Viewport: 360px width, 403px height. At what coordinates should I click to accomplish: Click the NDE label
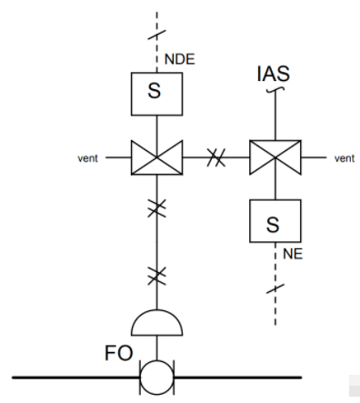click(180, 62)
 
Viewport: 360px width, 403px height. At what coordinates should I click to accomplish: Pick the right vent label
click(345, 157)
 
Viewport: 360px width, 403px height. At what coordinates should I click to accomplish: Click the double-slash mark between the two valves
click(216, 157)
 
